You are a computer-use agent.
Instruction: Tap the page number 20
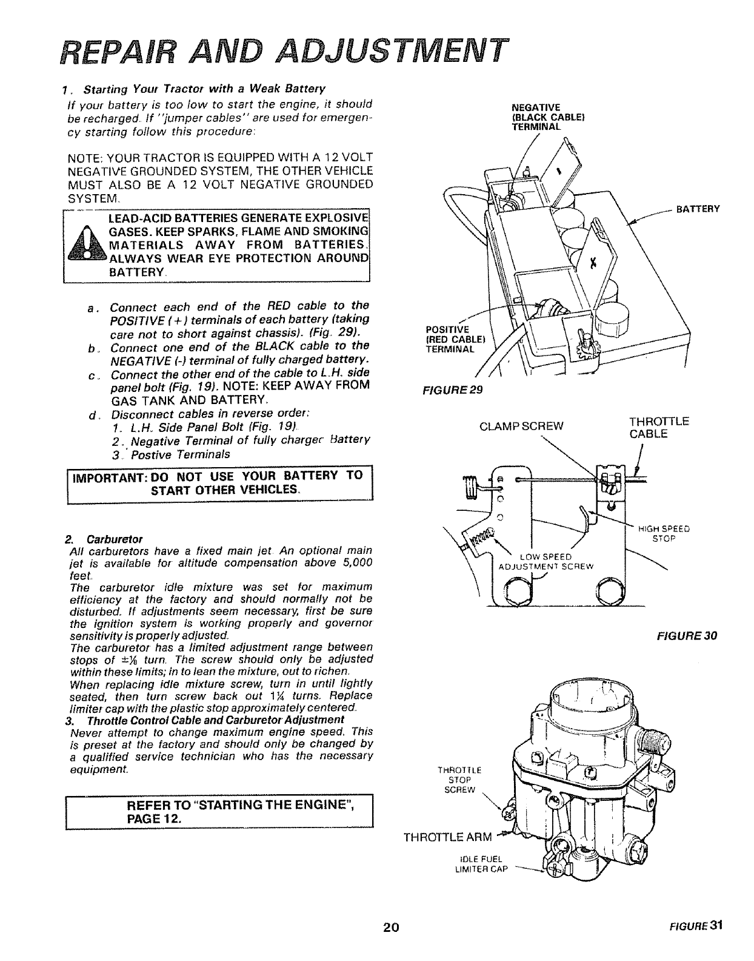391,944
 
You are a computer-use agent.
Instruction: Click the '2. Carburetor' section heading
104,538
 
